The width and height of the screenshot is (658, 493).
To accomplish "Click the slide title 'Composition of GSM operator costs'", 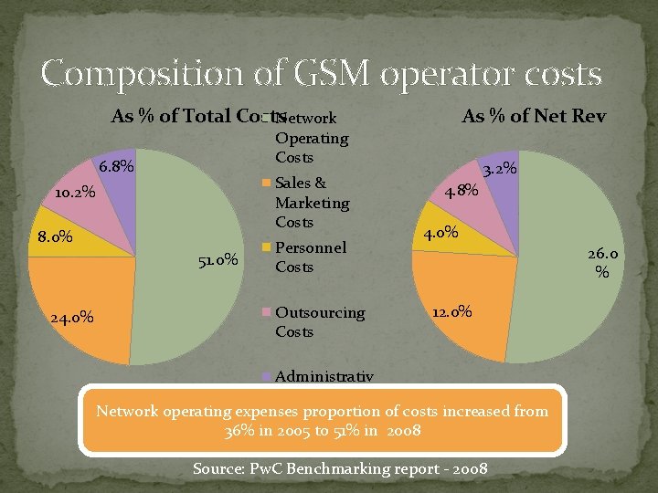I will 321,74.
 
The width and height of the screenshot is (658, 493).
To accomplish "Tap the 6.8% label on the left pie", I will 116,167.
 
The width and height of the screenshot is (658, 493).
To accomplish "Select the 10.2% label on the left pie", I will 73,194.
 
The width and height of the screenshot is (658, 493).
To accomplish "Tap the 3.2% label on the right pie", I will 500,169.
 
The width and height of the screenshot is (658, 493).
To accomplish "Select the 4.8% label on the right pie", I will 462,191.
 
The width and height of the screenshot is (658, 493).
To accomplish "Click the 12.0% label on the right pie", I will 451,311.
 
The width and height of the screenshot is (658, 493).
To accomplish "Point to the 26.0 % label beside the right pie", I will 602,263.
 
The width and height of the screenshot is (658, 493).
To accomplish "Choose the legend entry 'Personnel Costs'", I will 310,257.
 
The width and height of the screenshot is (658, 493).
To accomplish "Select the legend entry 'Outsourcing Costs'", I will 319,321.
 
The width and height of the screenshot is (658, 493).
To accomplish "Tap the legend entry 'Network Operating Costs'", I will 312,138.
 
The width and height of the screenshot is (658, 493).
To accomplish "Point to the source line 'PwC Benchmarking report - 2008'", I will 340,469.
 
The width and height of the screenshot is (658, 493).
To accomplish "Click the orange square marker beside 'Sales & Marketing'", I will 267,183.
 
